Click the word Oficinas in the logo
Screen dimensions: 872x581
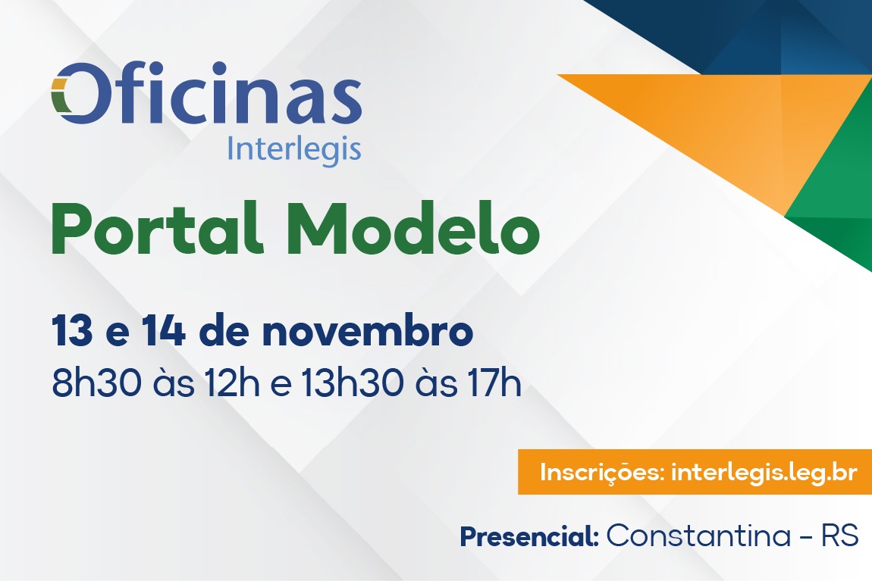[x=207, y=92]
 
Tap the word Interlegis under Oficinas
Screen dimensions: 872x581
[x=294, y=149]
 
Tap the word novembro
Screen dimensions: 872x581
[x=368, y=331]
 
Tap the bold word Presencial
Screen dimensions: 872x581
[x=529, y=536]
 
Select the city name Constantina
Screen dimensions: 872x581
[x=698, y=536]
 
